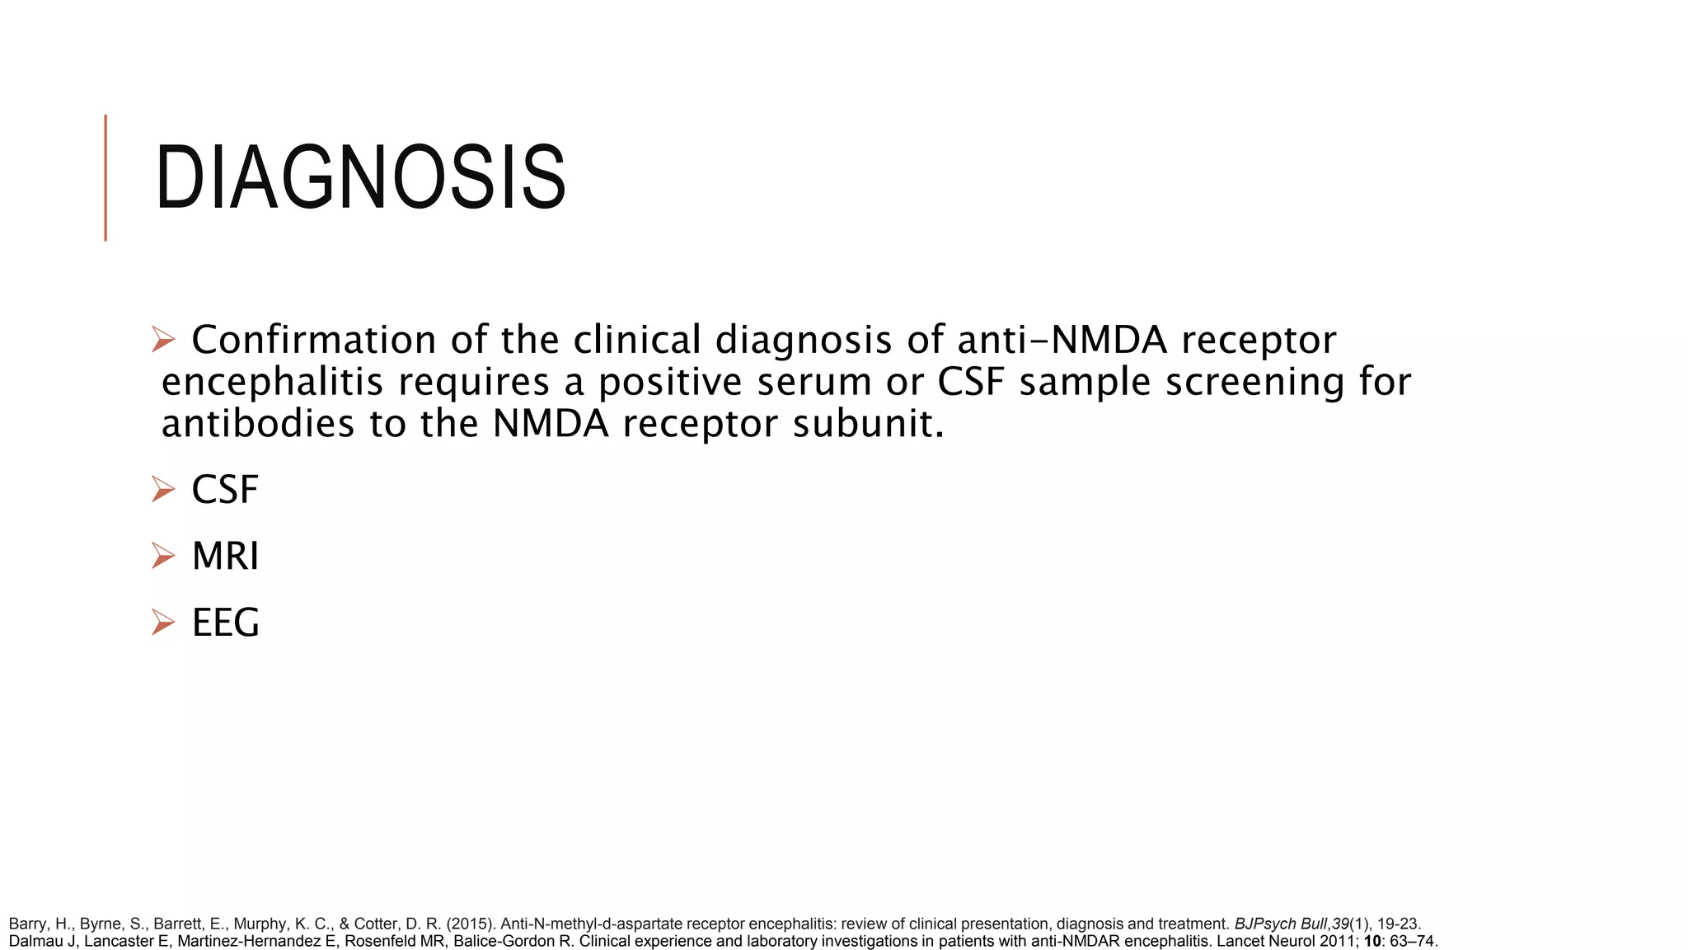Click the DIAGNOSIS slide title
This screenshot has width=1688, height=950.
[x=360, y=178]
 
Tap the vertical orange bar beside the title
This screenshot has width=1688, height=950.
[x=105, y=177]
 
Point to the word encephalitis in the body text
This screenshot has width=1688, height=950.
[x=272, y=383]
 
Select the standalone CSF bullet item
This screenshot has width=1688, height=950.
[x=225, y=490]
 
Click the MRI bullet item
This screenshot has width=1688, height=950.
[x=225, y=557]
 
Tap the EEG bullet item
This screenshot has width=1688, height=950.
[x=225, y=623]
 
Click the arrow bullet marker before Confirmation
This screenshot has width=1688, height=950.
[x=163, y=340]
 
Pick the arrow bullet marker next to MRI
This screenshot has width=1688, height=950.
[x=163, y=557]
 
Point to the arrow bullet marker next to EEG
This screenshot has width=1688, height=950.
[x=163, y=623]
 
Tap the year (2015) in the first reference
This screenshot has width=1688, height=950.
[x=471, y=924]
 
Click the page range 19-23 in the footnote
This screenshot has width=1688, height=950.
[x=1399, y=924]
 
